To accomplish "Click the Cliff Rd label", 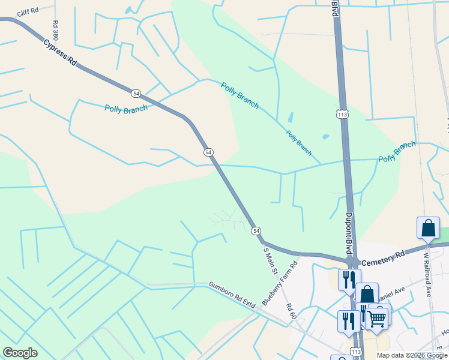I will click(x=27, y=12).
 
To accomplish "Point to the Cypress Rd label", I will click(x=61, y=53).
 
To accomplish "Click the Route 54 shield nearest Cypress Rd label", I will click(x=136, y=93).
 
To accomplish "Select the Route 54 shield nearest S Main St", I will click(x=256, y=230).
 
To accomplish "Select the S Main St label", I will click(x=270, y=261).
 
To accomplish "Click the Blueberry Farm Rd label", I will click(x=280, y=284).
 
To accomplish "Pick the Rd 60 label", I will click(x=291, y=311).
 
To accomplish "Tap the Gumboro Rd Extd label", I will click(x=232, y=295).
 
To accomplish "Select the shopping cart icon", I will click(x=377, y=317).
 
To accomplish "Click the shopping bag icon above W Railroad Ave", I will click(x=428, y=228).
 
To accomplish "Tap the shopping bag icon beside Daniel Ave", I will click(x=367, y=294).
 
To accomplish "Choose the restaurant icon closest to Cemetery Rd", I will click(x=348, y=279).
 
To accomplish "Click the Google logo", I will click(x=20, y=353).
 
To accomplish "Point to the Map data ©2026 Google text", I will click(x=411, y=355).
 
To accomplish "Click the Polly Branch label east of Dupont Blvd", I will click(x=397, y=152).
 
